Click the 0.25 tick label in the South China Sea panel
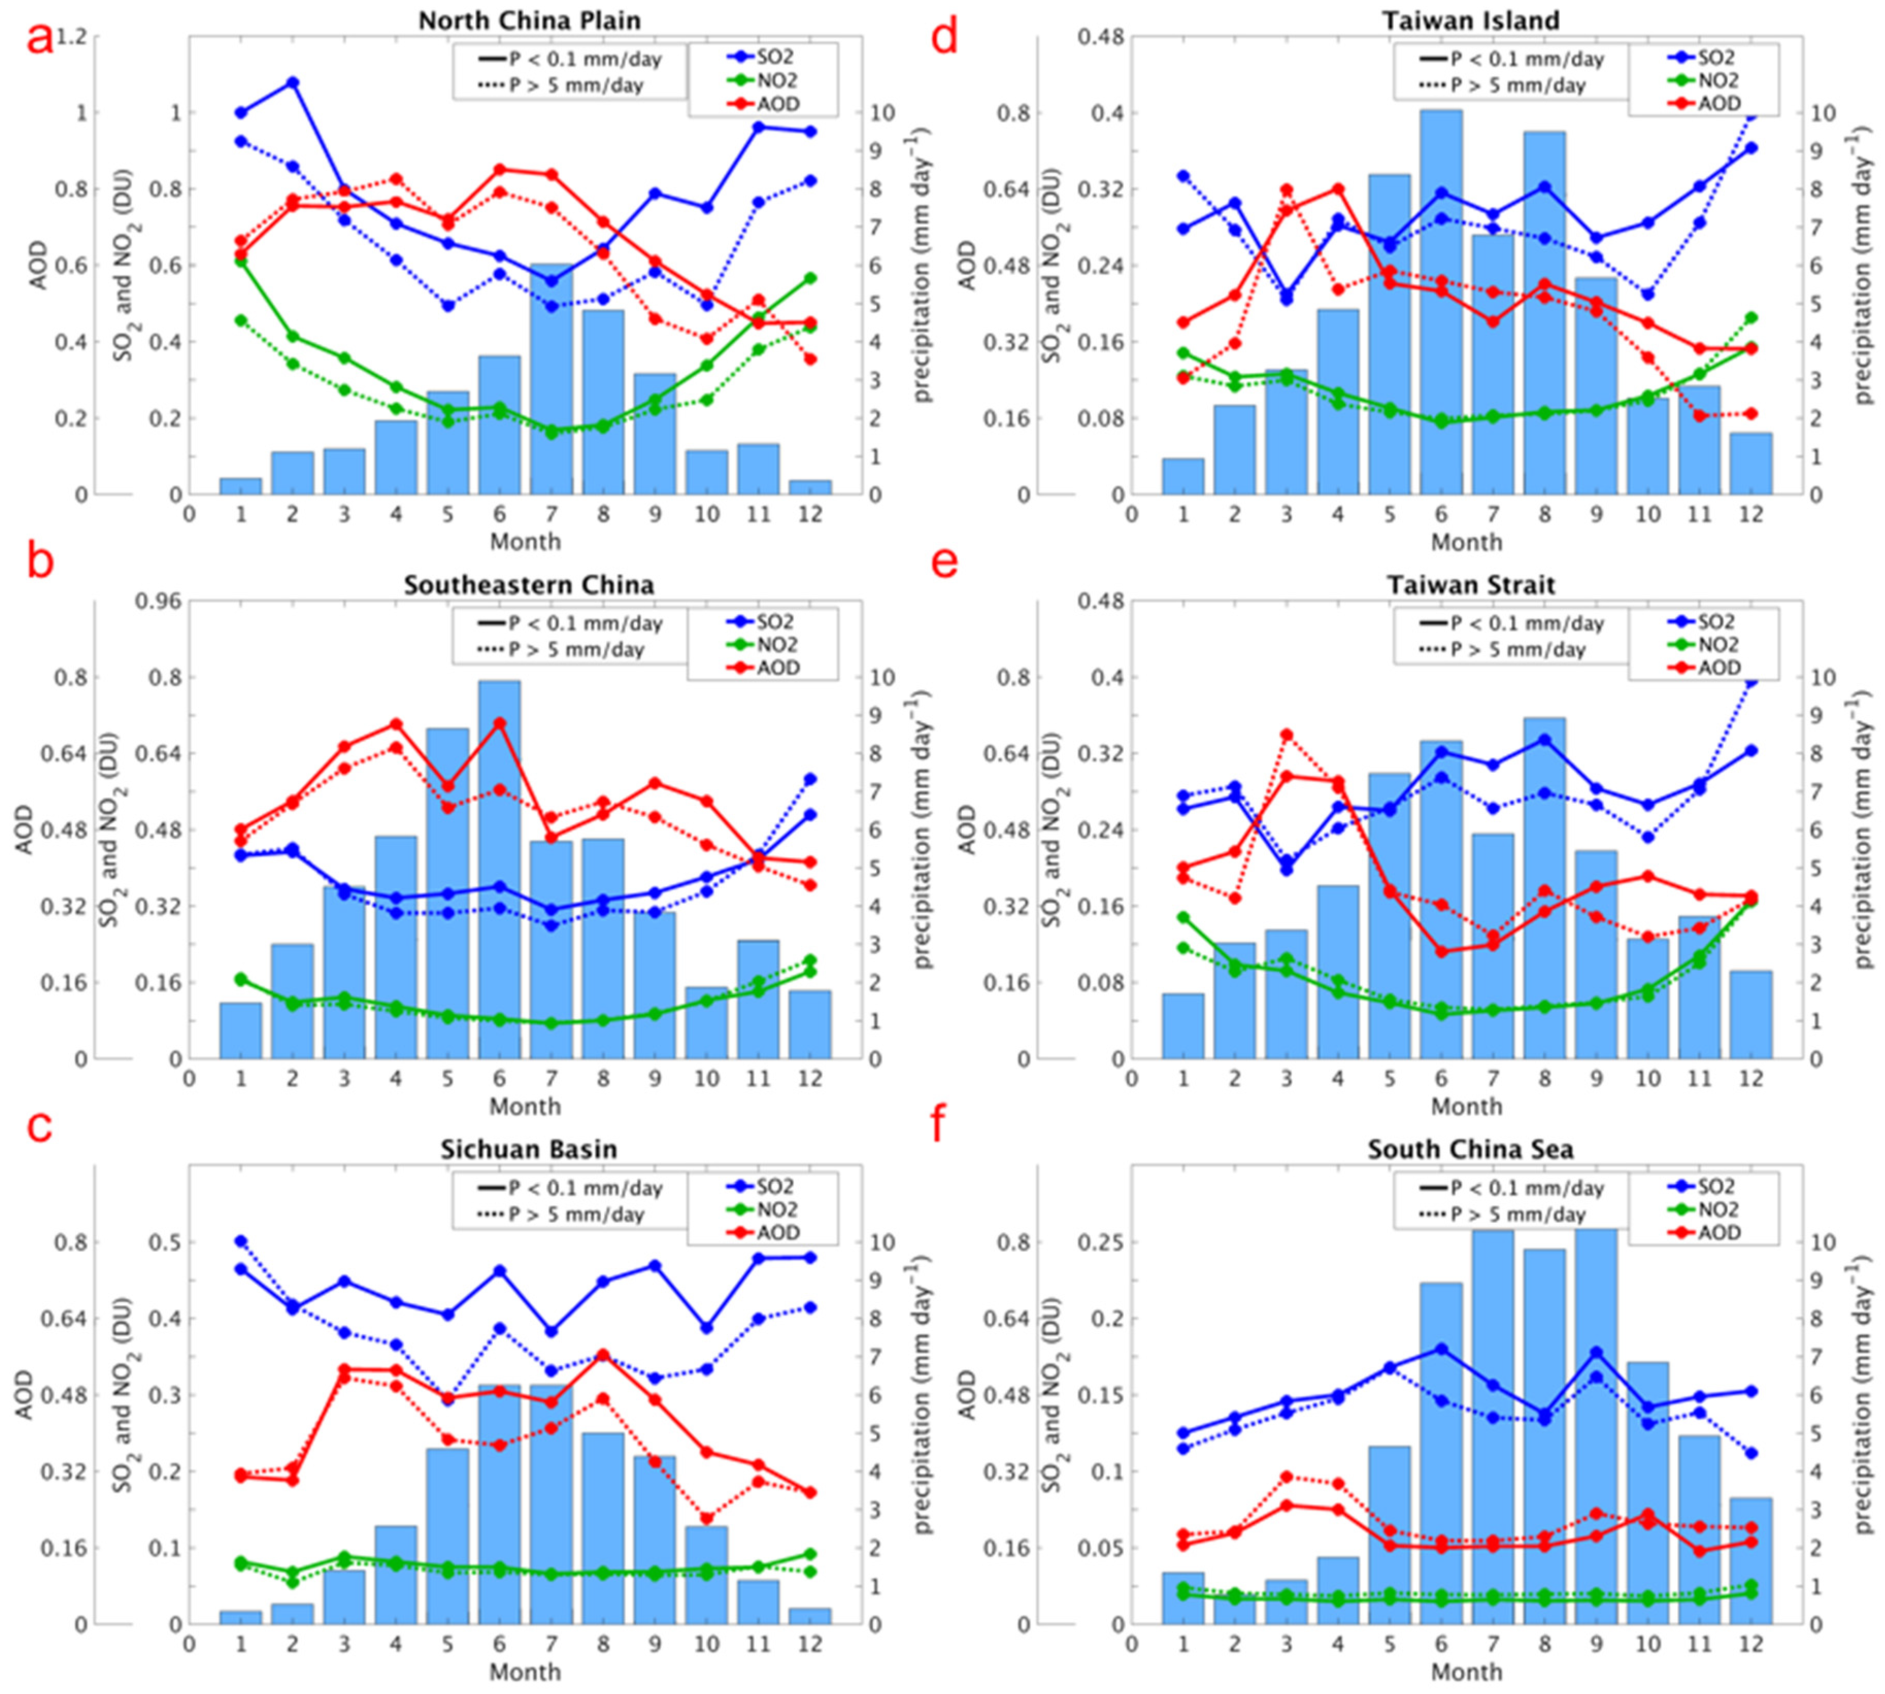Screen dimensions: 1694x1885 click(x=1100, y=1242)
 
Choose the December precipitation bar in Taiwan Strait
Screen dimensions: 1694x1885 click(x=1751, y=1015)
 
